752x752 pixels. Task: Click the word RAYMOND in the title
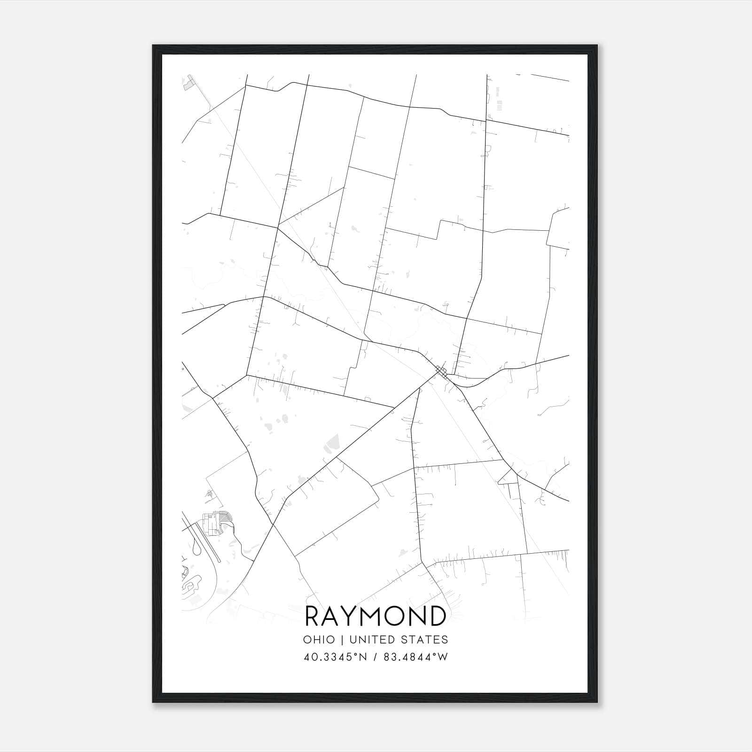coord(376,616)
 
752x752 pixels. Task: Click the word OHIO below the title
coord(319,640)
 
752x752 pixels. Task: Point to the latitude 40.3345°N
coord(335,657)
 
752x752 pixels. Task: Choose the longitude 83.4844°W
coord(415,657)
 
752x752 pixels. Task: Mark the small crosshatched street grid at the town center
coord(440,372)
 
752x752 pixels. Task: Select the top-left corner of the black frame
coord(153,46)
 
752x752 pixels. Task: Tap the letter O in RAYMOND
coord(396,616)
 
